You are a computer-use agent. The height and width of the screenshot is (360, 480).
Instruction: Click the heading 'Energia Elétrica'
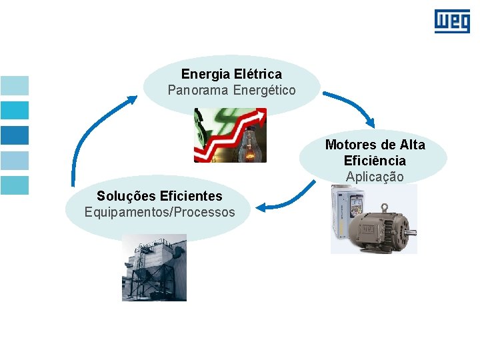pos(231,74)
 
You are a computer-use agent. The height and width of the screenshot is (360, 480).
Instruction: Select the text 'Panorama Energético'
pos(231,89)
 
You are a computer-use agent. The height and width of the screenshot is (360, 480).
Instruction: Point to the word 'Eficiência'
pos(375,161)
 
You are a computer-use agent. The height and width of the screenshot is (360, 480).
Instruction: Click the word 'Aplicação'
pos(375,177)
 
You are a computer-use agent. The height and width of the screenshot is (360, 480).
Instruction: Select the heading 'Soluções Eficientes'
pos(159,196)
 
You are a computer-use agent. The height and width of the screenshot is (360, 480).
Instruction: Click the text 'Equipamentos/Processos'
pos(159,212)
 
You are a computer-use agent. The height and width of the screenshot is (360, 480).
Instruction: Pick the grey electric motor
pos(377,227)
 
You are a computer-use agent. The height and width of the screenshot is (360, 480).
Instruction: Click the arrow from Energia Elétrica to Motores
pos(350,107)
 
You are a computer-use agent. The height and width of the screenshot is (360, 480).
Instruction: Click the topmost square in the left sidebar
pos(15,85)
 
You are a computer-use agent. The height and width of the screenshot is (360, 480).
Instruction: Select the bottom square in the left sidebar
pos(15,185)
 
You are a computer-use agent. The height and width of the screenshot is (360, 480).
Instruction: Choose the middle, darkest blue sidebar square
pos(15,135)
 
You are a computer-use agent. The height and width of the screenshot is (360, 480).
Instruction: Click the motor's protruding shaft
pos(412,233)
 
